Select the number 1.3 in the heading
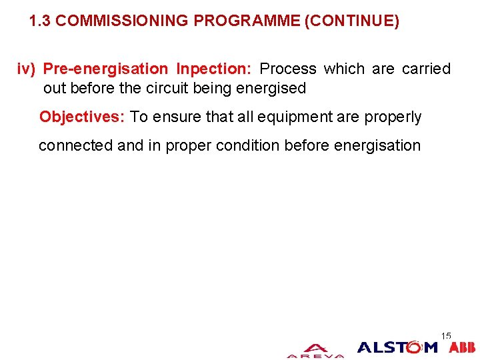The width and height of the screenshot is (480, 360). click(x=40, y=21)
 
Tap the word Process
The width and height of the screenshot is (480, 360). click(x=288, y=69)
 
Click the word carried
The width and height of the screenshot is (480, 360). click(x=426, y=69)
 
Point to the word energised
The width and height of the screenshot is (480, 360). click(x=273, y=88)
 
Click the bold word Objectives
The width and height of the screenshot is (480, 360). click(x=82, y=117)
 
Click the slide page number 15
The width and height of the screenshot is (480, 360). click(x=446, y=335)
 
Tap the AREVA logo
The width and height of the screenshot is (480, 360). click(x=315, y=351)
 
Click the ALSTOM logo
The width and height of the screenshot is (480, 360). click(x=397, y=347)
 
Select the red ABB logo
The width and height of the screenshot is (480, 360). click(x=462, y=347)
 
